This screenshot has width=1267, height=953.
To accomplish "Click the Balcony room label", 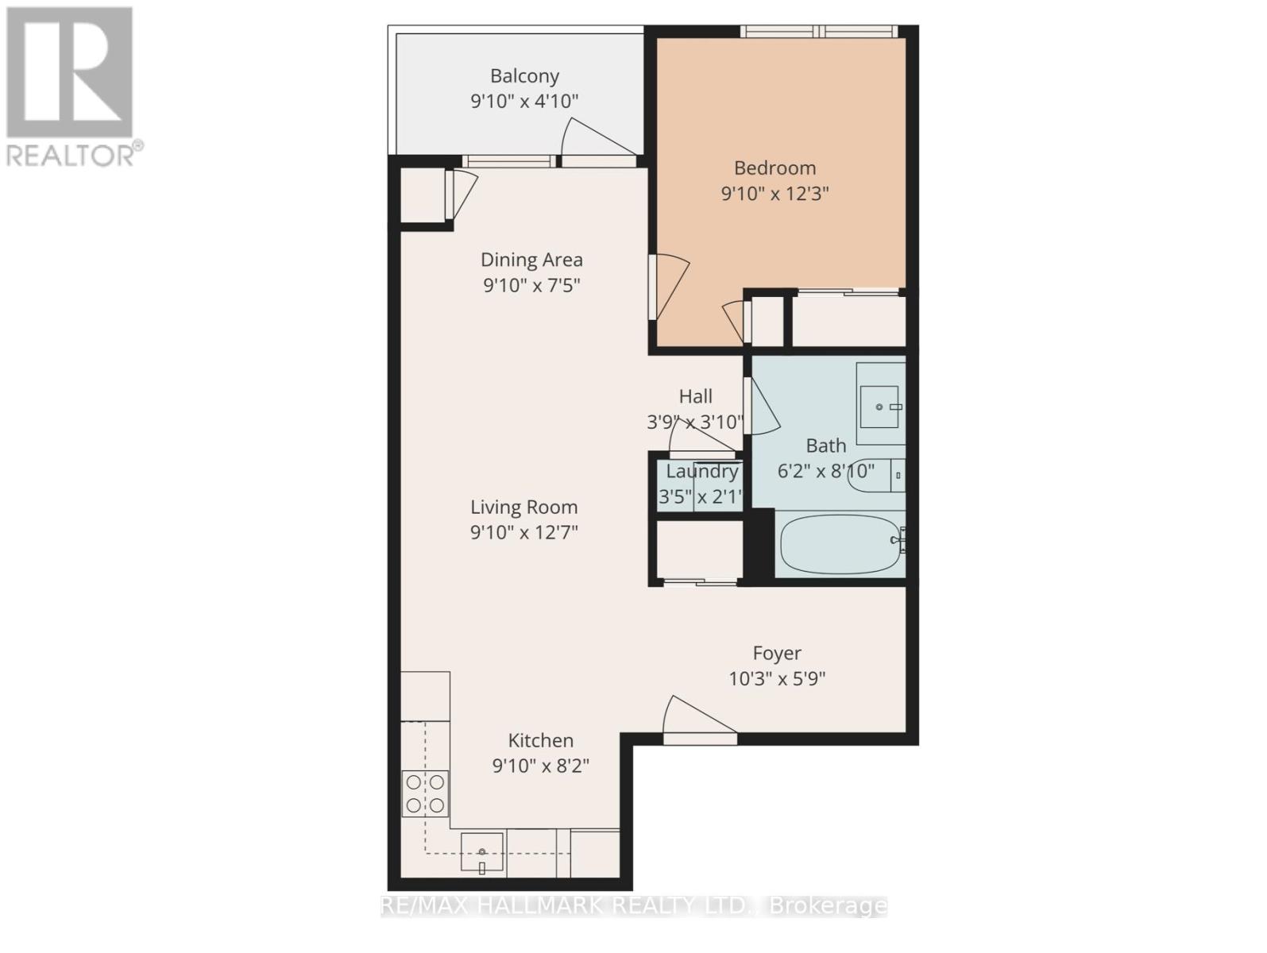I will coord(524,76).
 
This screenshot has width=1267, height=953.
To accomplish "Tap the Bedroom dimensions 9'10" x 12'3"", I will coord(774,194).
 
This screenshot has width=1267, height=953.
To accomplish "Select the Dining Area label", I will coord(531,260).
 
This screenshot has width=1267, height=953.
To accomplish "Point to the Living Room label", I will coord(523,507).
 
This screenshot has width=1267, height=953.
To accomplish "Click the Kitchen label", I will coord(540,740).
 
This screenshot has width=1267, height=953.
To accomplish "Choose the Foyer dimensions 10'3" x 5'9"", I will coord(777,679).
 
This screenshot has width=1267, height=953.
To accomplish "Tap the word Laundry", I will coord(702,471).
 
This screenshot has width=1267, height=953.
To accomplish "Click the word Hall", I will coord(695,396).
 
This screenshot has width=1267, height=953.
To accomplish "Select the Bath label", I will coord(826,446).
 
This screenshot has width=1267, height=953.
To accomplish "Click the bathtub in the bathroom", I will coord(840,545).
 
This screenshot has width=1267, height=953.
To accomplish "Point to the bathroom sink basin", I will coord(879,407).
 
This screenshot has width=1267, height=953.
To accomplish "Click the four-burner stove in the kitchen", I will coord(425,793).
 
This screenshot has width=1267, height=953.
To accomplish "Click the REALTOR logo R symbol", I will coord(70,71).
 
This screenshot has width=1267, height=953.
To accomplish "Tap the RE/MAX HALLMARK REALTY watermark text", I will coord(634,905).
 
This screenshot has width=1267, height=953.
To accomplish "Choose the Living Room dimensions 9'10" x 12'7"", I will coord(523,532).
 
